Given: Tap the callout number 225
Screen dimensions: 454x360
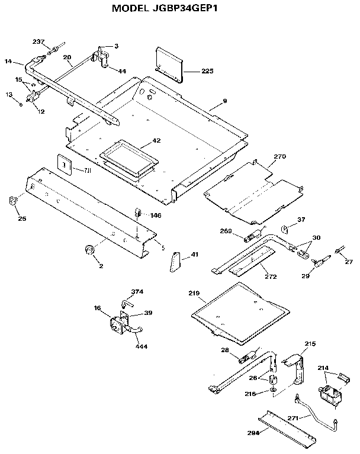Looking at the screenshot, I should click(207, 71).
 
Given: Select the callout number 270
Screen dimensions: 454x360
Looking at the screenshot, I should click(279, 157).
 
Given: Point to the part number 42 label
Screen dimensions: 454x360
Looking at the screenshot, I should click(156, 140).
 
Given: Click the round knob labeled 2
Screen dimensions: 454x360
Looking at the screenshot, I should click(91, 250).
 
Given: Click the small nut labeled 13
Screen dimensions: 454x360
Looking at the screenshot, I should click(21, 104).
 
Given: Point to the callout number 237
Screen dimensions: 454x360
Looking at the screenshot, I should click(38, 42).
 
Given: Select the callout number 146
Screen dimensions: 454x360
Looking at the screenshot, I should click(156, 215).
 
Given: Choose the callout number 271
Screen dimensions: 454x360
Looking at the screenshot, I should click(294, 418).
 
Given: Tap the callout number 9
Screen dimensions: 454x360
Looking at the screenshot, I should click(224, 102).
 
